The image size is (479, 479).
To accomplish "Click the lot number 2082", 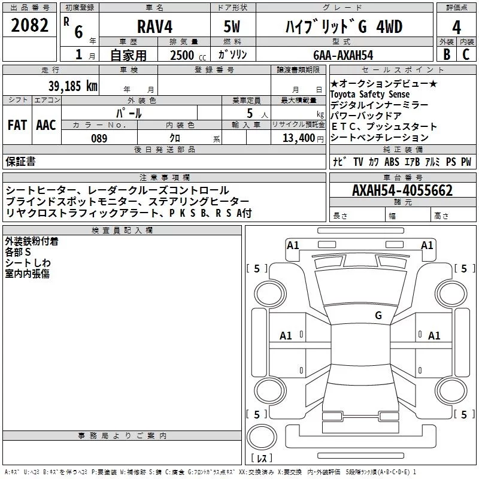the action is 29,25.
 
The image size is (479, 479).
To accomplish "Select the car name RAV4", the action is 155,26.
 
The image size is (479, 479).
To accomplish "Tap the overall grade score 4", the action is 456,28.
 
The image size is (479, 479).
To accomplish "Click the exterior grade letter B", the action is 447,54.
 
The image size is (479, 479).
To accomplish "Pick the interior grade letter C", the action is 466,54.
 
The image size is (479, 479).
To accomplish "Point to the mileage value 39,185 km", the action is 73,86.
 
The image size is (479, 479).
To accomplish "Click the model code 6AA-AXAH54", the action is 343,55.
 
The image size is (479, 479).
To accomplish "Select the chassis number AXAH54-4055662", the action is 402,190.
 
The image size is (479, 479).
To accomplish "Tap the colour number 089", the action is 99,138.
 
